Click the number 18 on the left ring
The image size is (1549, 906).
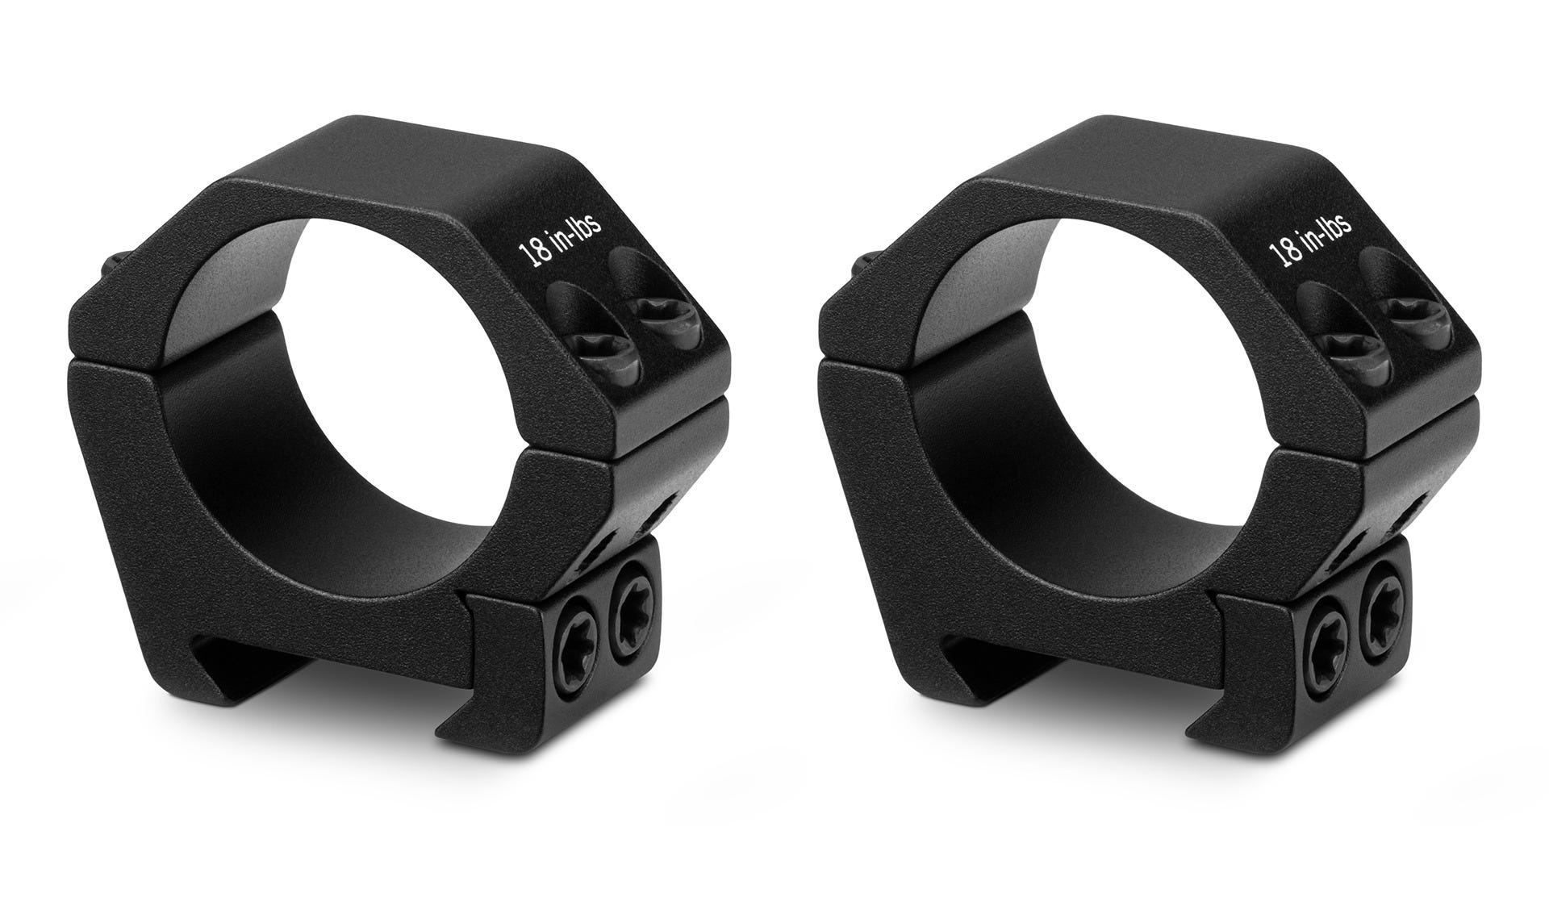pyautogui.click(x=533, y=251)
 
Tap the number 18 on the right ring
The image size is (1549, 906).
pyautogui.click(x=1284, y=251)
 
